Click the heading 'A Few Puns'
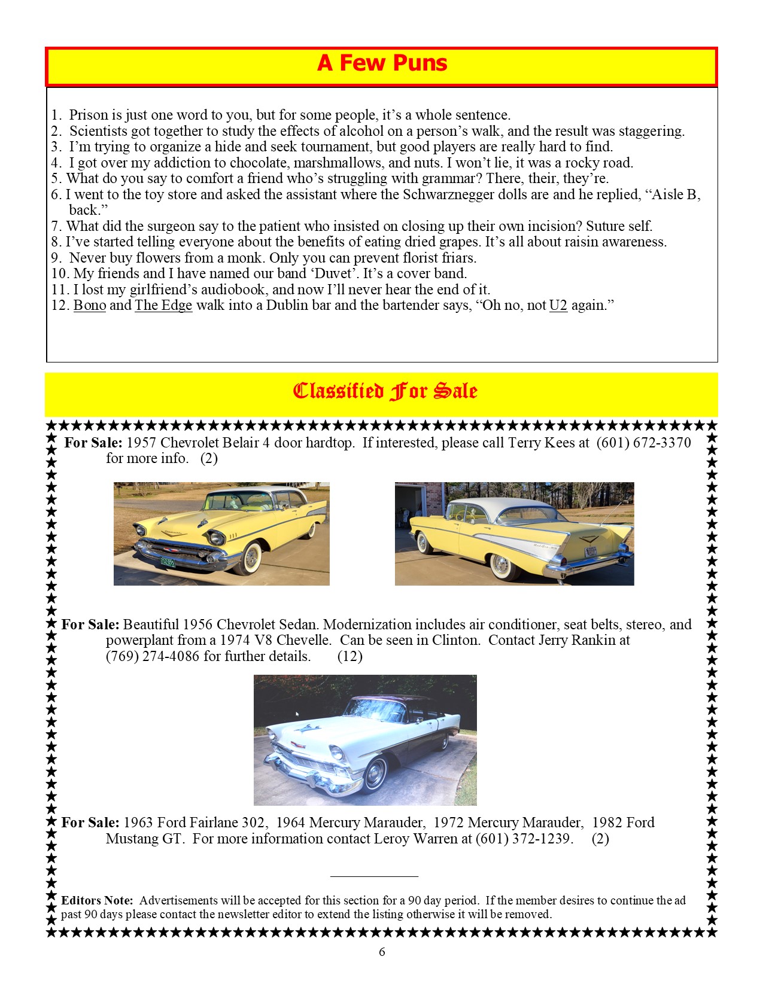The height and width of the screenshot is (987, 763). (382, 63)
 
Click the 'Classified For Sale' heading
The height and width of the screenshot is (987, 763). (385, 391)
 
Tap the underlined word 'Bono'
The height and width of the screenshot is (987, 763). (90, 306)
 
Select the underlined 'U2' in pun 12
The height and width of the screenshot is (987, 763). (558, 306)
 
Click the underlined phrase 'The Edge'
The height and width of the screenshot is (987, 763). (163, 306)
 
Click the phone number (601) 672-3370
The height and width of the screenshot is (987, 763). (643, 443)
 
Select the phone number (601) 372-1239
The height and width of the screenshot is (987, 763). (524, 839)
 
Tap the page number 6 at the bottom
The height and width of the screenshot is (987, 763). (382, 952)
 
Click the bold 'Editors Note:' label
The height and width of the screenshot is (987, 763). (97, 900)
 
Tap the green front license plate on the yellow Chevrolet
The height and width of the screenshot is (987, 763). (168, 562)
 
